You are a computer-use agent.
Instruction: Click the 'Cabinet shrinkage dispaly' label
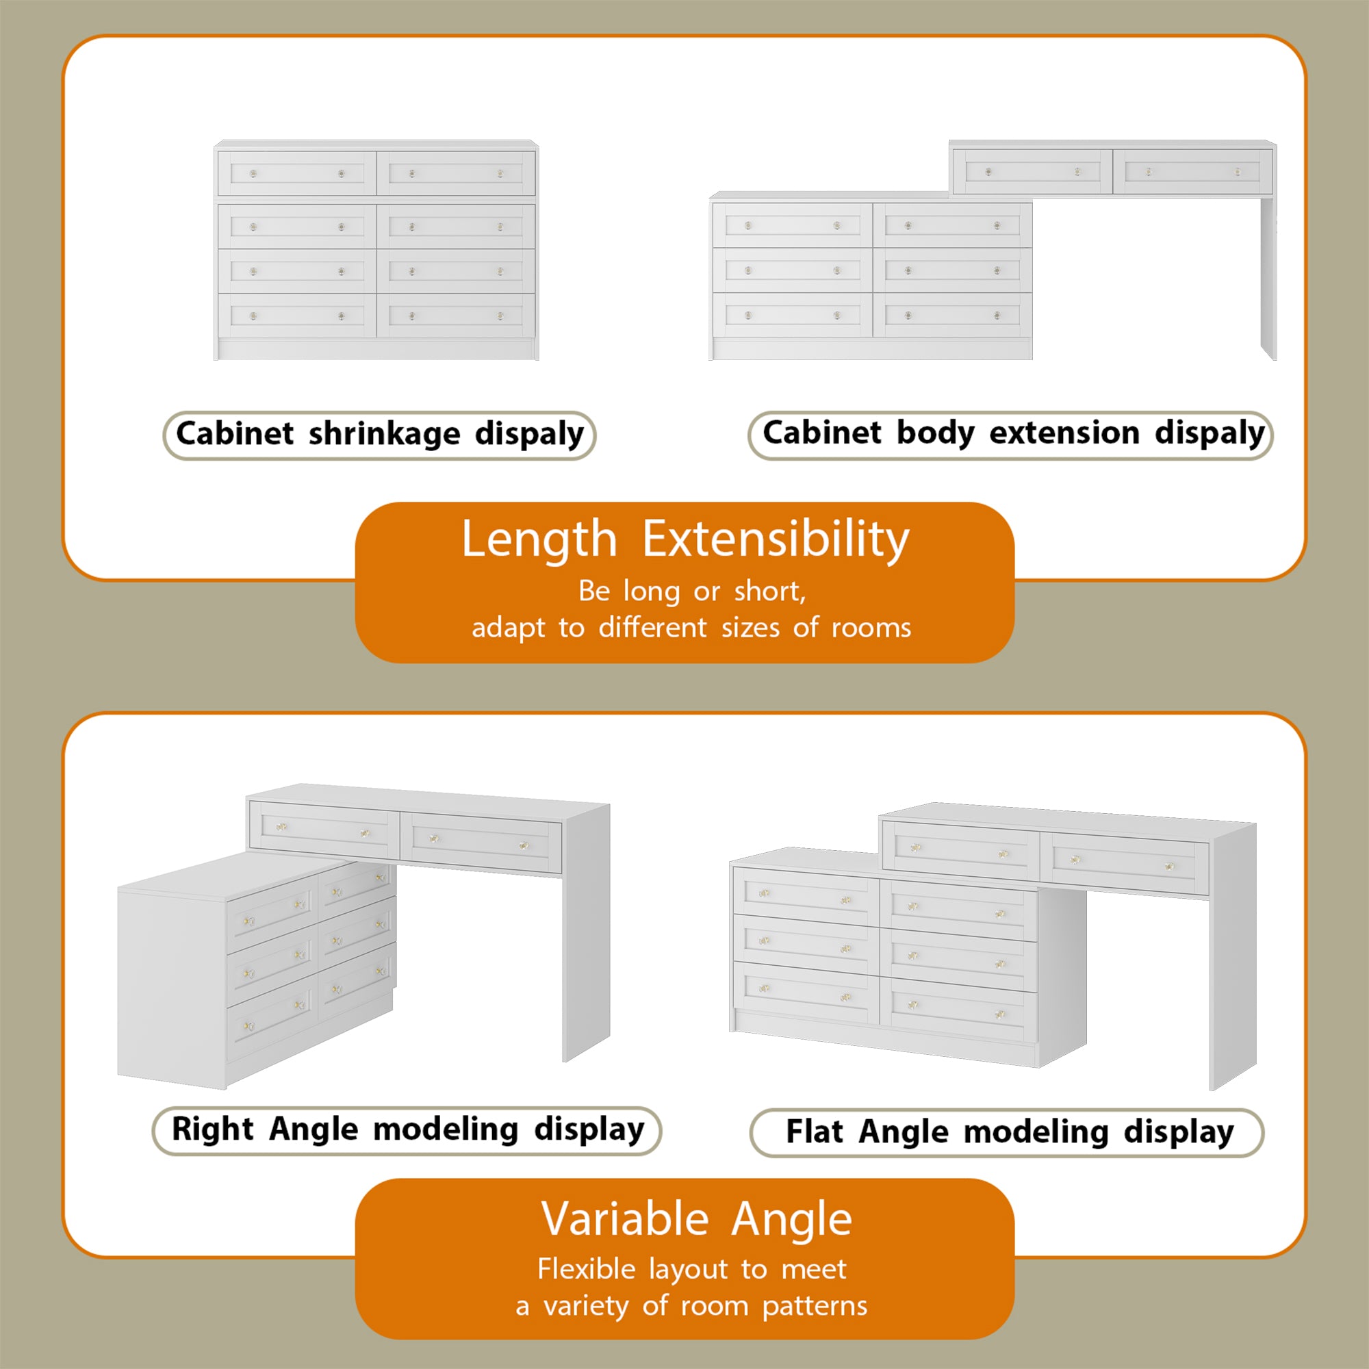[x=379, y=435]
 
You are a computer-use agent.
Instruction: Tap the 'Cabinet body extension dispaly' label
[x=1010, y=435]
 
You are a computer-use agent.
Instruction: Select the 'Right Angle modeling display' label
[x=407, y=1130]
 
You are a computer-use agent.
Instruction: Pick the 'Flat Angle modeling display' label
[x=1006, y=1132]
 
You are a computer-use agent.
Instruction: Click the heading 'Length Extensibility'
[x=684, y=540]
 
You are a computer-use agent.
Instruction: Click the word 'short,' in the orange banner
[x=769, y=591]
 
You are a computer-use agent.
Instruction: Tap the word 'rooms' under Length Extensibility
[x=871, y=628]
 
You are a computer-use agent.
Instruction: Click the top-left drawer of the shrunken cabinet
[x=296, y=173]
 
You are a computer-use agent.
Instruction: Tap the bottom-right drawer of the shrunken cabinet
[x=456, y=316]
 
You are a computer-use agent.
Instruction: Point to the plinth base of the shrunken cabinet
[x=376, y=349]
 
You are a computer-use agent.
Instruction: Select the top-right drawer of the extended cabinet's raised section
[x=1192, y=172]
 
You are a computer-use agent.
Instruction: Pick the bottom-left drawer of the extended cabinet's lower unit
[x=792, y=316]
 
